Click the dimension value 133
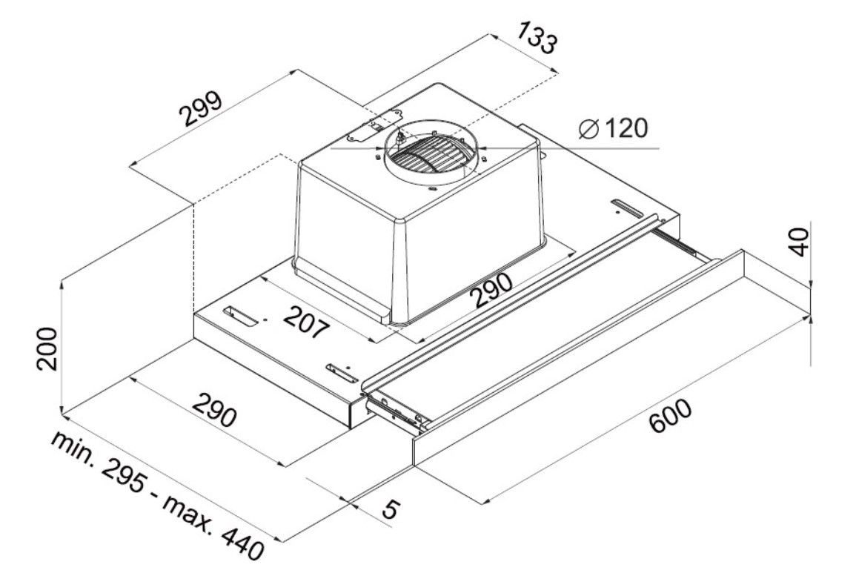pos(537,38)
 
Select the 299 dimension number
pos(201,109)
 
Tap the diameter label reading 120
pos(626,128)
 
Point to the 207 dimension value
pos(306,322)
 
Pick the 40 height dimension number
pos(799,242)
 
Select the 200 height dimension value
pos(47,349)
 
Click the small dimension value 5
pos(391,509)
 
